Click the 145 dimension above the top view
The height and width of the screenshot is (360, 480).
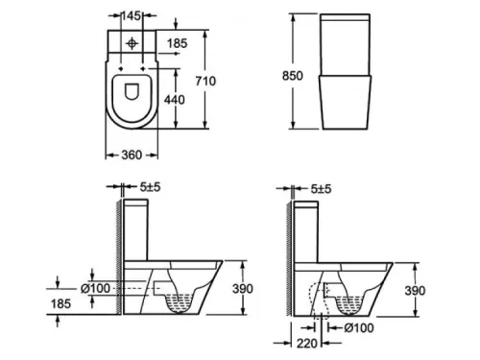pyautogui.click(x=133, y=16)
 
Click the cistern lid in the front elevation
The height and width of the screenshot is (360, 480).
pyautogui.click(x=344, y=20)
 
